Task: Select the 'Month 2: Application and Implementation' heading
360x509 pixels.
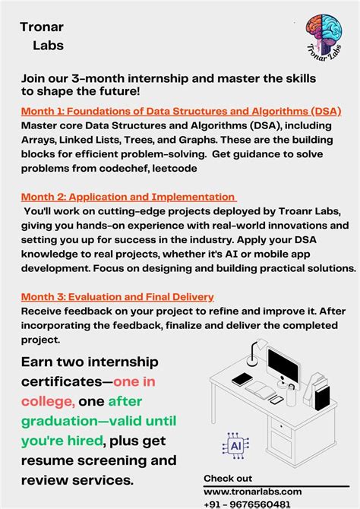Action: [128, 198]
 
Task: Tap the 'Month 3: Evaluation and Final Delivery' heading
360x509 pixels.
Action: [117, 296]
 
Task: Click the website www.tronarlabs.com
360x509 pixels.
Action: [252, 491]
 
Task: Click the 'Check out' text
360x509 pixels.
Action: [228, 478]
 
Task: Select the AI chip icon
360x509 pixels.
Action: [235, 446]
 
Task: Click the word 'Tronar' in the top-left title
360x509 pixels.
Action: [43, 27]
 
